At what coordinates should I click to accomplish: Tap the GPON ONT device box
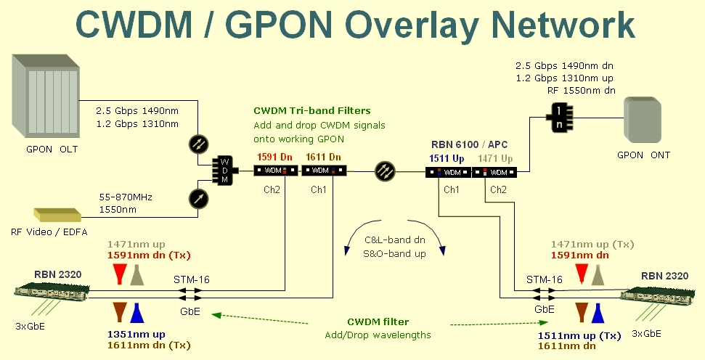(643, 121)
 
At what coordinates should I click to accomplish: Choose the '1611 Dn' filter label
(323, 157)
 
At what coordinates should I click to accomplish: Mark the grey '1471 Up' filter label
(495, 159)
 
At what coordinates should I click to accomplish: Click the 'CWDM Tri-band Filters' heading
(311, 111)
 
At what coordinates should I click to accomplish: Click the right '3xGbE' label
(647, 333)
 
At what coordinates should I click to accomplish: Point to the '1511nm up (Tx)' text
(579, 335)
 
